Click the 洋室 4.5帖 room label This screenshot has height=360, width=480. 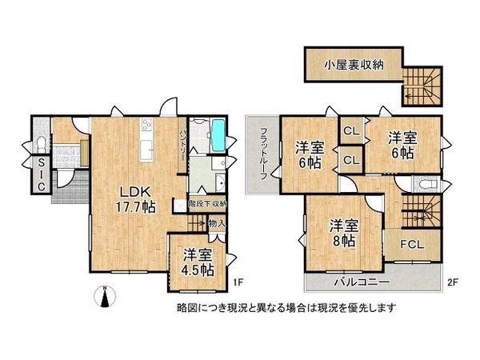[x=196, y=262]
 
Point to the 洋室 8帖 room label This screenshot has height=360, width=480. [x=342, y=230]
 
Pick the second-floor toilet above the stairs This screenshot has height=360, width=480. [x=423, y=184]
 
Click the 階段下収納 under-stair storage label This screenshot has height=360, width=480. [x=207, y=204]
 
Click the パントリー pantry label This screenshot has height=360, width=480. [x=183, y=143]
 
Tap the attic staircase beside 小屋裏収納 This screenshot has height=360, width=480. [x=420, y=86]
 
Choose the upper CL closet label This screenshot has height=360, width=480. [x=350, y=131]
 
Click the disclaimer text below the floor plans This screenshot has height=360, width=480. [x=286, y=307]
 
